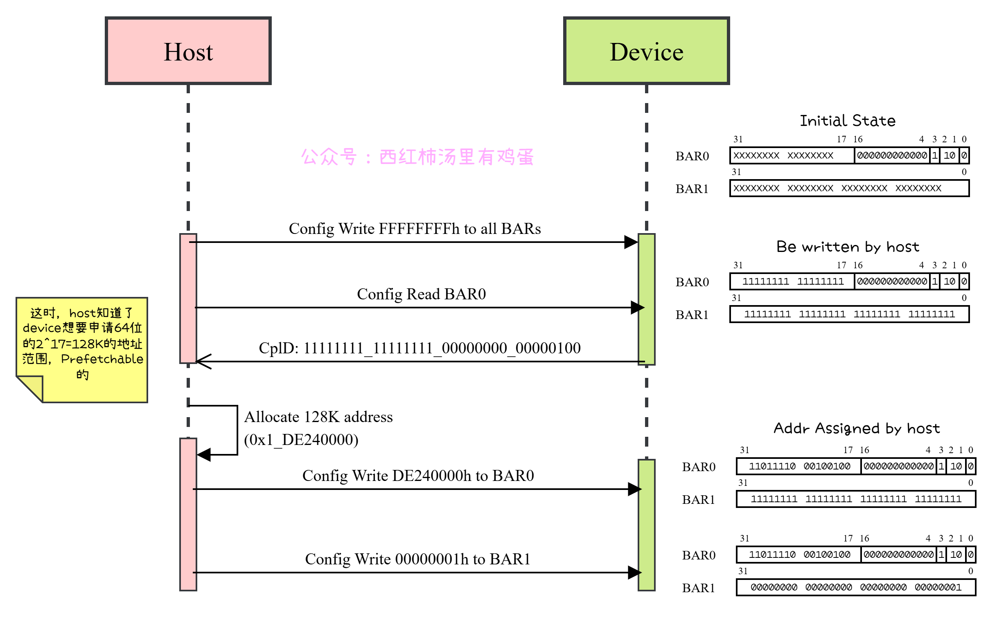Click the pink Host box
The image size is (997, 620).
(188, 51)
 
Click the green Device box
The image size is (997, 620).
(646, 51)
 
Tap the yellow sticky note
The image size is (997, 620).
(82, 349)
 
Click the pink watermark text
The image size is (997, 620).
(417, 157)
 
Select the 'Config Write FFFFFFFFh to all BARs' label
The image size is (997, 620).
(415, 229)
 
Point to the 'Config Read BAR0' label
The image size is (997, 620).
(422, 294)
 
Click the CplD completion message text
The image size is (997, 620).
(420, 348)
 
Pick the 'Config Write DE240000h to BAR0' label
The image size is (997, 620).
(418, 476)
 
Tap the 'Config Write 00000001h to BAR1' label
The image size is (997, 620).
(418, 559)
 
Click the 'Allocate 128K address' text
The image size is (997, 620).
(318, 417)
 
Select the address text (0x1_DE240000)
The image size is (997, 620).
(301, 440)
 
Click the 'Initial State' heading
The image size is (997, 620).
(848, 121)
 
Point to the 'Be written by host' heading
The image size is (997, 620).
(848, 247)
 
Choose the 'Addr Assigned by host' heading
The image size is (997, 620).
(857, 429)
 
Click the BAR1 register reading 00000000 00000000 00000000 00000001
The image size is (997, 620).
(856, 587)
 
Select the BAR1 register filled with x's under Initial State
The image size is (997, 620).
(849, 188)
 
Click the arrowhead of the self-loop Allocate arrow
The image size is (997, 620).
(204, 455)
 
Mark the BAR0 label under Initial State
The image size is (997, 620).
(692, 156)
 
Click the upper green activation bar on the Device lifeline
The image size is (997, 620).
(646, 299)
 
